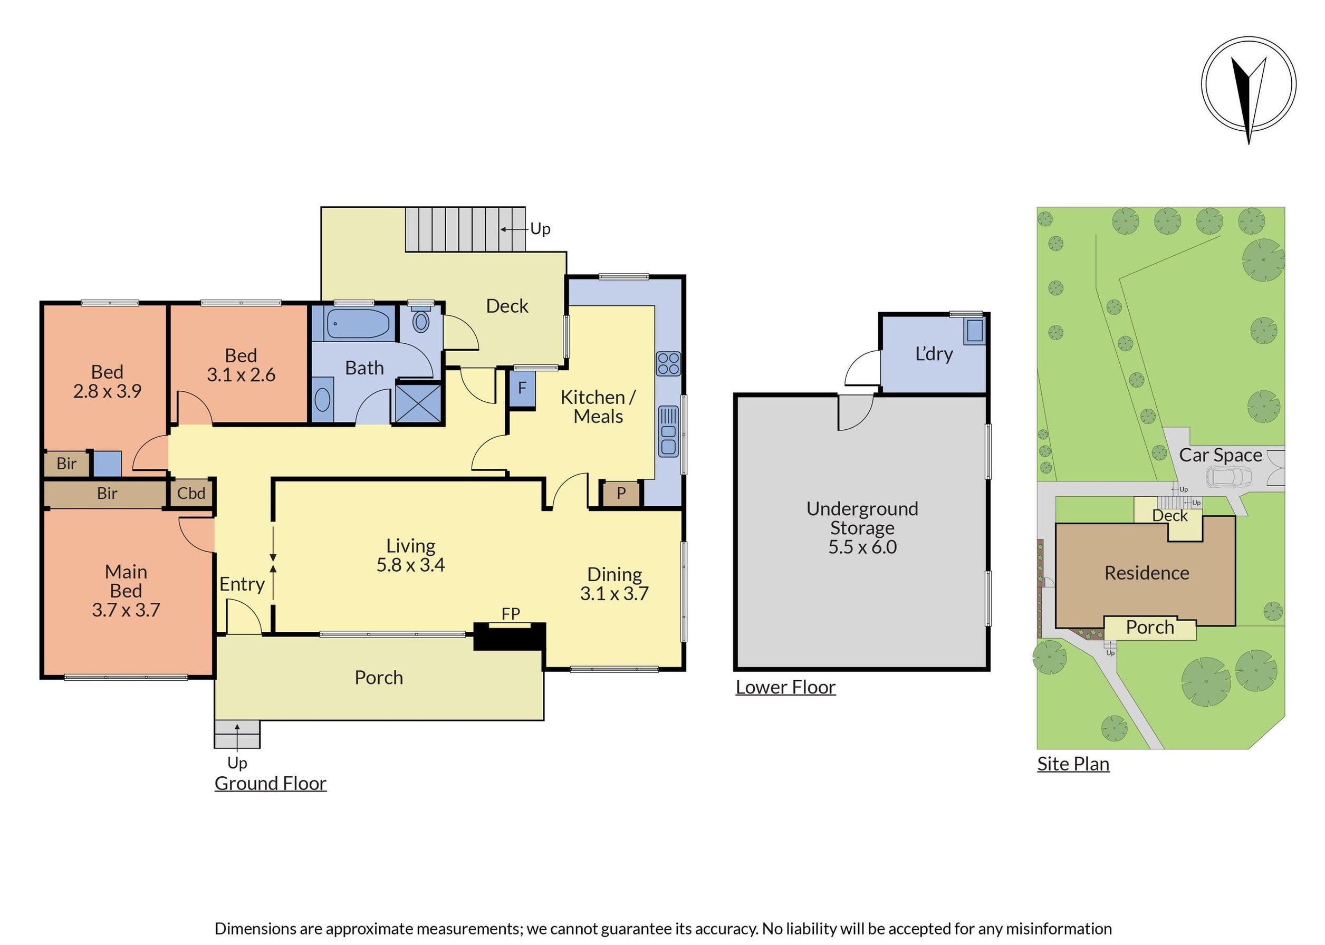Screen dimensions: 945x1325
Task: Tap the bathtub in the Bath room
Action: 357,324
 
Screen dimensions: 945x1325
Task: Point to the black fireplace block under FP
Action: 510,636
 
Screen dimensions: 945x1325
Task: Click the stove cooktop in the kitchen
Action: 667,364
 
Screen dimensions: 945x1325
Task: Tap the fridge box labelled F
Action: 522,388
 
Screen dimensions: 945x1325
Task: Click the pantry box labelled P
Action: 621,494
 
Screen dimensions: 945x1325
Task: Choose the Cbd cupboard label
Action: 191,494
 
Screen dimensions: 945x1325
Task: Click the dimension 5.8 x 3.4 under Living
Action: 410,565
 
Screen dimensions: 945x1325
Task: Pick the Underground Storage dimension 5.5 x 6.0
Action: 862,547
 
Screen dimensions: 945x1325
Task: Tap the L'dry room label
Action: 934,354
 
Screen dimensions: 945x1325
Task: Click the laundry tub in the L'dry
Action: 974,331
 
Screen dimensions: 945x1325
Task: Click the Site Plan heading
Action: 1072,764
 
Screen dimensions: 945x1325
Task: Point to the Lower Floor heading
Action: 785,687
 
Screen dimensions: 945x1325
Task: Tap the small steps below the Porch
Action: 237,735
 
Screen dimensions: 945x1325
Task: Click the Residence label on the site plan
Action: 1146,573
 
